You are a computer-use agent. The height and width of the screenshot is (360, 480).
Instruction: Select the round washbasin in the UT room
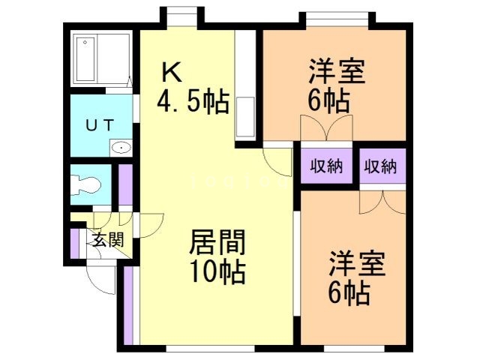click(120, 148)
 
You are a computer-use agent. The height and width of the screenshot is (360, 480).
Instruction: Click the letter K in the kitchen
click(172, 73)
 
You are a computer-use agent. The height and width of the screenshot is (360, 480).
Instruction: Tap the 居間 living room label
click(216, 243)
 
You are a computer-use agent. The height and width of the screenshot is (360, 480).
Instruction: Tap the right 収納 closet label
click(380, 166)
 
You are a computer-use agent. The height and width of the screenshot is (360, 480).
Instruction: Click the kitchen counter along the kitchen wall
click(246, 86)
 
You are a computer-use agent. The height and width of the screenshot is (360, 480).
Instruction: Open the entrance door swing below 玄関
click(99, 277)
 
